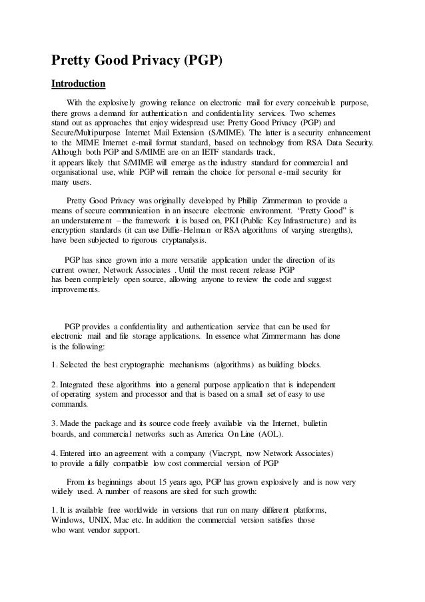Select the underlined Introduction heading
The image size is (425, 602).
(79, 85)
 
